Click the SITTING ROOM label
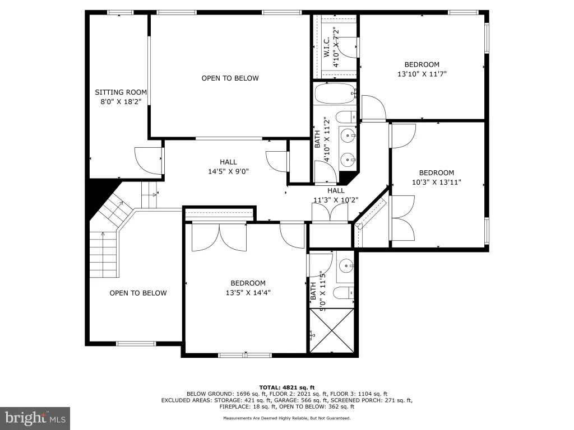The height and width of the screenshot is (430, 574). coord(121,92)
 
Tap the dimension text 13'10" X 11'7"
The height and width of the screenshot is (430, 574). coord(422,74)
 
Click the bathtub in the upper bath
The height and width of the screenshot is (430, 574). coord(335,94)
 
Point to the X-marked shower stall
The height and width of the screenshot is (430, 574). coord(332,330)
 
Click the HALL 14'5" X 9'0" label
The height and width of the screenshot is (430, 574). coord(229,167)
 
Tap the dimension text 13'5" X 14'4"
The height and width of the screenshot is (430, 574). coord(248,292)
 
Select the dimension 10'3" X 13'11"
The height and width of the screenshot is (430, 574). coord(436,182)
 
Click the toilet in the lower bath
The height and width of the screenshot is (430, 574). coord(344,292)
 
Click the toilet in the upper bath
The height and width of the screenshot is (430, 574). coord(346,117)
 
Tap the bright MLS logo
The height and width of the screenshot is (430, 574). coord(35,418)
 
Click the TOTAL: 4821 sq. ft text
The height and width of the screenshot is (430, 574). coord(287,387)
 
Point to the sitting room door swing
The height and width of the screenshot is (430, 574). coord(149,161)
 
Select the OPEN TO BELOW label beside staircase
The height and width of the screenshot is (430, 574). coord(138,293)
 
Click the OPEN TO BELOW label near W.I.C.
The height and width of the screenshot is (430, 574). coord(230,78)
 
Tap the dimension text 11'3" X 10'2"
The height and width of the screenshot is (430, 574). coord(336,200)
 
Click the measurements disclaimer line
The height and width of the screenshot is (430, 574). coord(287,418)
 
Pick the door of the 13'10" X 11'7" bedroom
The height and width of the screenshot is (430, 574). coord(373,108)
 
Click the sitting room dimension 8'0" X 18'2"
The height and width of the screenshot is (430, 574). coord(121,102)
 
